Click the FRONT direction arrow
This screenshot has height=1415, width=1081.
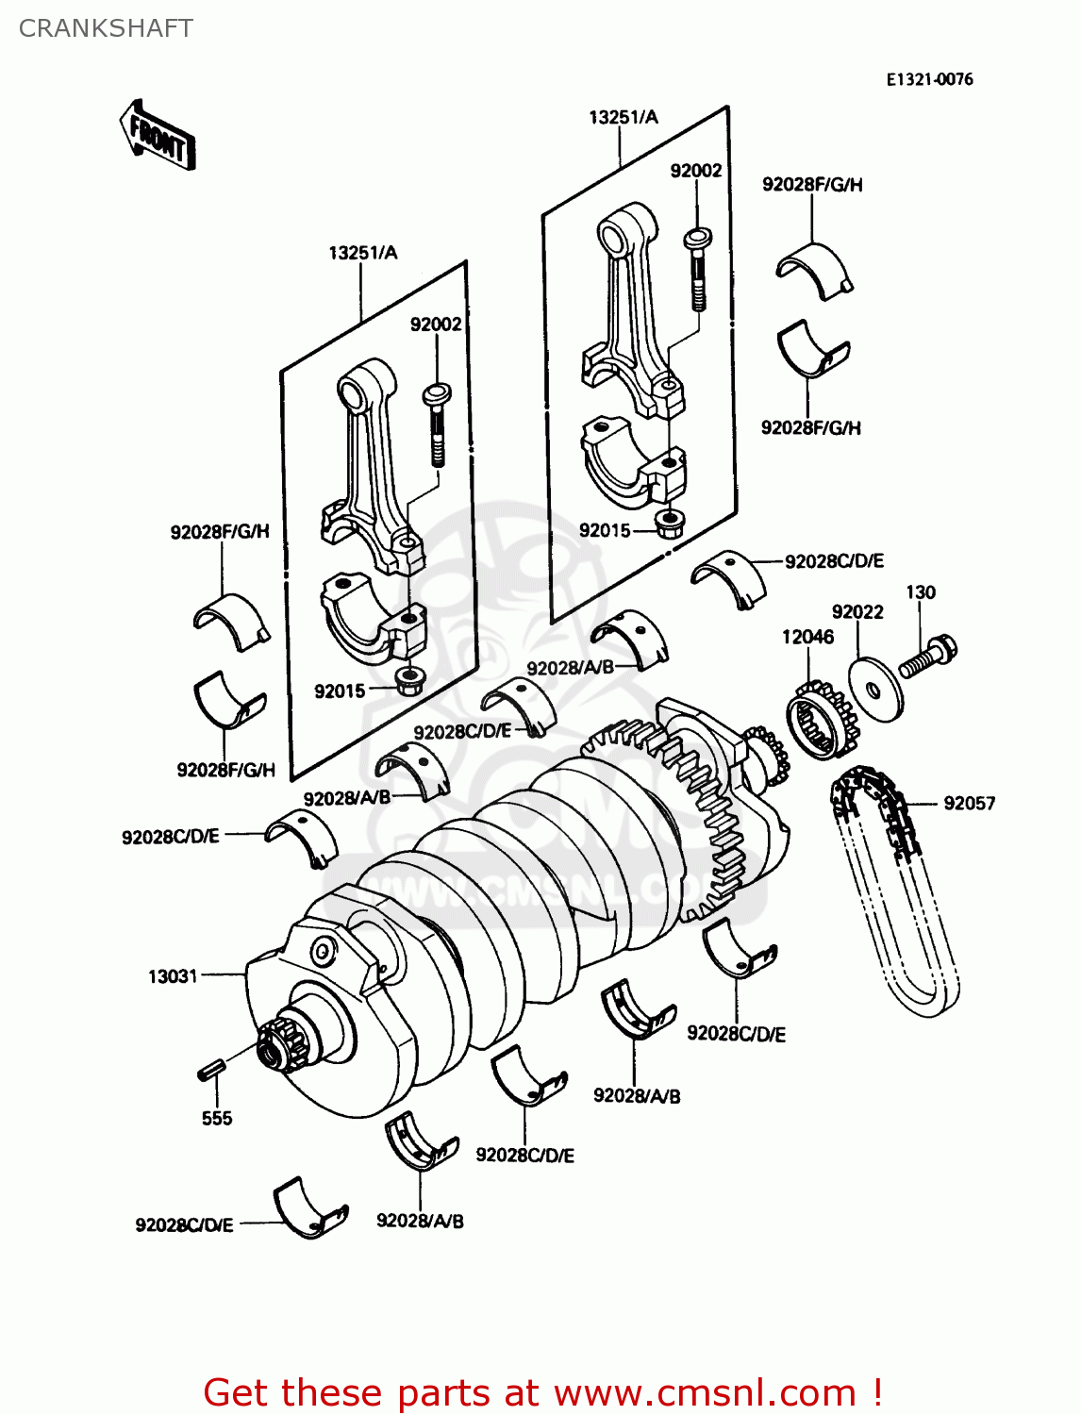[x=158, y=135]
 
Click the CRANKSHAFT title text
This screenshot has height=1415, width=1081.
[x=106, y=28]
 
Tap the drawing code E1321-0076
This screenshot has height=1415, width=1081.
[x=929, y=79]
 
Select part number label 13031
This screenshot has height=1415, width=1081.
[x=173, y=976]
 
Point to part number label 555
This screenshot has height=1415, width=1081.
[x=216, y=1118]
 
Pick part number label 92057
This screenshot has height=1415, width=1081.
[x=969, y=803]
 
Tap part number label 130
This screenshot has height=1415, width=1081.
[x=920, y=592]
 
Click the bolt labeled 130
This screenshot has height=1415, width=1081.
[x=928, y=657]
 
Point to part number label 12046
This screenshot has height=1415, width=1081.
[x=807, y=637]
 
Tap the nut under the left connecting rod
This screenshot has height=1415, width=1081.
[x=407, y=680]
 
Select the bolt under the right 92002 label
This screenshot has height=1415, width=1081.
[x=697, y=268]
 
